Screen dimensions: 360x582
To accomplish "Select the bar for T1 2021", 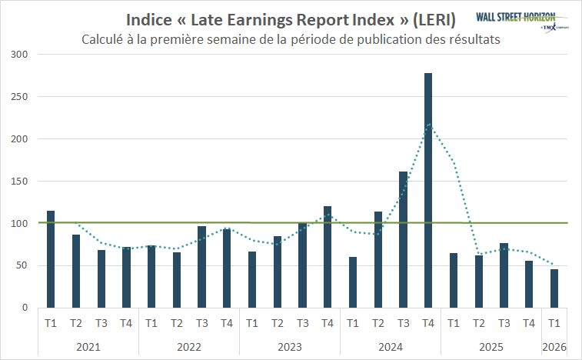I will coord(51,259).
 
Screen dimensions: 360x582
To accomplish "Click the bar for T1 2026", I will coord(554,288).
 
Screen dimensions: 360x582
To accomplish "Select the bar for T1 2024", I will coord(353,282).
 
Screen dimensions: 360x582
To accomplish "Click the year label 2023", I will coord(290,346).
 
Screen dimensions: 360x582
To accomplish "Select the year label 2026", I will coord(554,346).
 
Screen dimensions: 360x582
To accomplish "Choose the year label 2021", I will coord(88,346).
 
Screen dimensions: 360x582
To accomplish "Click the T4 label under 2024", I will coord(428,323).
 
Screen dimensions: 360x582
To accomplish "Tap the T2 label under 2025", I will coord(479,323).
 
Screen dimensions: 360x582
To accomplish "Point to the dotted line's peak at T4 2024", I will coord(428,124).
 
